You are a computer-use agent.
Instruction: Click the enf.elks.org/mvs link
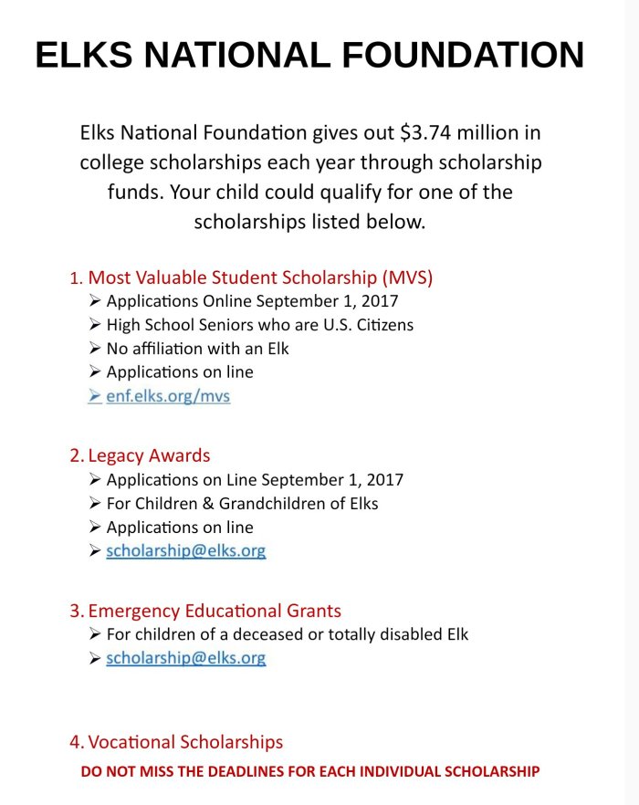click(x=168, y=396)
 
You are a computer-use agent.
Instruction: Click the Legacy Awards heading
click(x=149, y=455)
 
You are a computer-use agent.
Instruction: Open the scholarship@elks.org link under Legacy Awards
click(x=186, y=551)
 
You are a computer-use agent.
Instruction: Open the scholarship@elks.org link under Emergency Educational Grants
click(x=186, y=658)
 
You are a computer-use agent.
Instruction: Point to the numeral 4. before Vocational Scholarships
click(x=78, y=743)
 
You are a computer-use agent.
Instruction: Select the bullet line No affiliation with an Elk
click(x=197, y=349)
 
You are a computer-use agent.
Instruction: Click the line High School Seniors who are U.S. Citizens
click(x=259, y=325)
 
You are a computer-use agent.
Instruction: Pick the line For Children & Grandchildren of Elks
click(x=242, y=504)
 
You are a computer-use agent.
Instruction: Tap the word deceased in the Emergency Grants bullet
click(x=271, y=634)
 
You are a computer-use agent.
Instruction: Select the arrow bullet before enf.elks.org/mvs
click(x=95, y=396)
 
